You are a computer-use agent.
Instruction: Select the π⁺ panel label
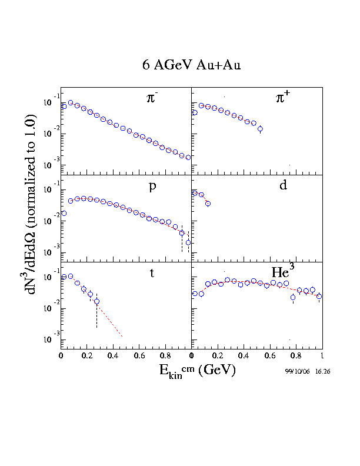tap(284, 99)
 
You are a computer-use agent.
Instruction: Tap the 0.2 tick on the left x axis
tap(86, 356)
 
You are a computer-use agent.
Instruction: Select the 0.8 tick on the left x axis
tap(165, 356)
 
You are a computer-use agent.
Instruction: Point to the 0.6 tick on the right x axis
tap(270, 356)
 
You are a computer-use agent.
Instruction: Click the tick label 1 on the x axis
tap(322, 356)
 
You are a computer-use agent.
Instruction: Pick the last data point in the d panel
tap(208, 204)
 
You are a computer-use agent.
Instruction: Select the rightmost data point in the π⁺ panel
tap(261, 129)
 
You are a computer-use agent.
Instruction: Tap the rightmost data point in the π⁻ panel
tap(188, 157)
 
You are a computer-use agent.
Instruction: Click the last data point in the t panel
tap(96, 301)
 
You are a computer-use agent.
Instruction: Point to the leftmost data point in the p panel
tap(64, 214)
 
